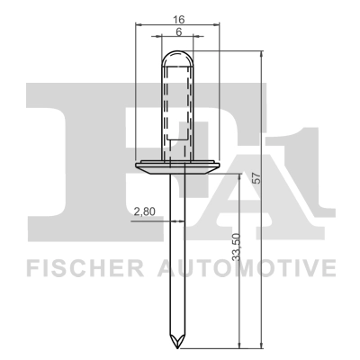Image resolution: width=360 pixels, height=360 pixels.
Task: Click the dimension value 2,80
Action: (144, 211)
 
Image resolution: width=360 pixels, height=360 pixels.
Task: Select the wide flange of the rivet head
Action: (177, 166)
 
